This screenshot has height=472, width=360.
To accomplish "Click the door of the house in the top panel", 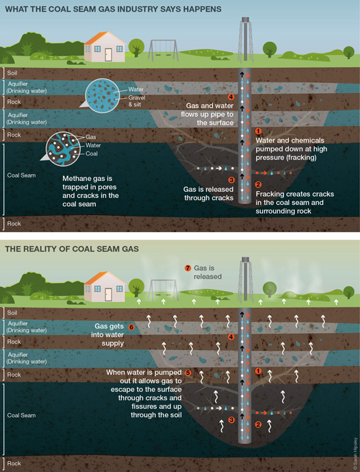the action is [108, 55].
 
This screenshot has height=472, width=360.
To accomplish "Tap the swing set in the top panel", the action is [163, 51].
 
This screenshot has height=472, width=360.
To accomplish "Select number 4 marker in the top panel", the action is [231, 97].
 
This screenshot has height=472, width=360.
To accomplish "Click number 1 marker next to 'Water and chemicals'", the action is [258, 132].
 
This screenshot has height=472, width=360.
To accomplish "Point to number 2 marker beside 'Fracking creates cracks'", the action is [258, 184].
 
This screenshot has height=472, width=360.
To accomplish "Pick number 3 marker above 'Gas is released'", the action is [231, 180].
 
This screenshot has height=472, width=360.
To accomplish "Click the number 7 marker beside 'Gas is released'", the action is [188, 268].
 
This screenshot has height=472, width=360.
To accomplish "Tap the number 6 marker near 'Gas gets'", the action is [131, 327].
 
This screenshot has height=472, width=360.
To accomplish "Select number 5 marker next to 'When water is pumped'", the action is [188, 373].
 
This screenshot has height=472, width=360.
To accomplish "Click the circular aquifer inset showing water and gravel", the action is [102, 96].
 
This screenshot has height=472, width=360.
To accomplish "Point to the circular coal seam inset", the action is [63, 149].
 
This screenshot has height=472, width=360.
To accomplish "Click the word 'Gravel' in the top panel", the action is [137, 97].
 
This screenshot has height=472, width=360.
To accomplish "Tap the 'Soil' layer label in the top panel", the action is [12, 73].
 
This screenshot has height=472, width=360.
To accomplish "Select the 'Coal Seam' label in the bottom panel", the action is [21, 415].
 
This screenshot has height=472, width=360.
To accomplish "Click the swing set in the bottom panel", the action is [163, 290].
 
